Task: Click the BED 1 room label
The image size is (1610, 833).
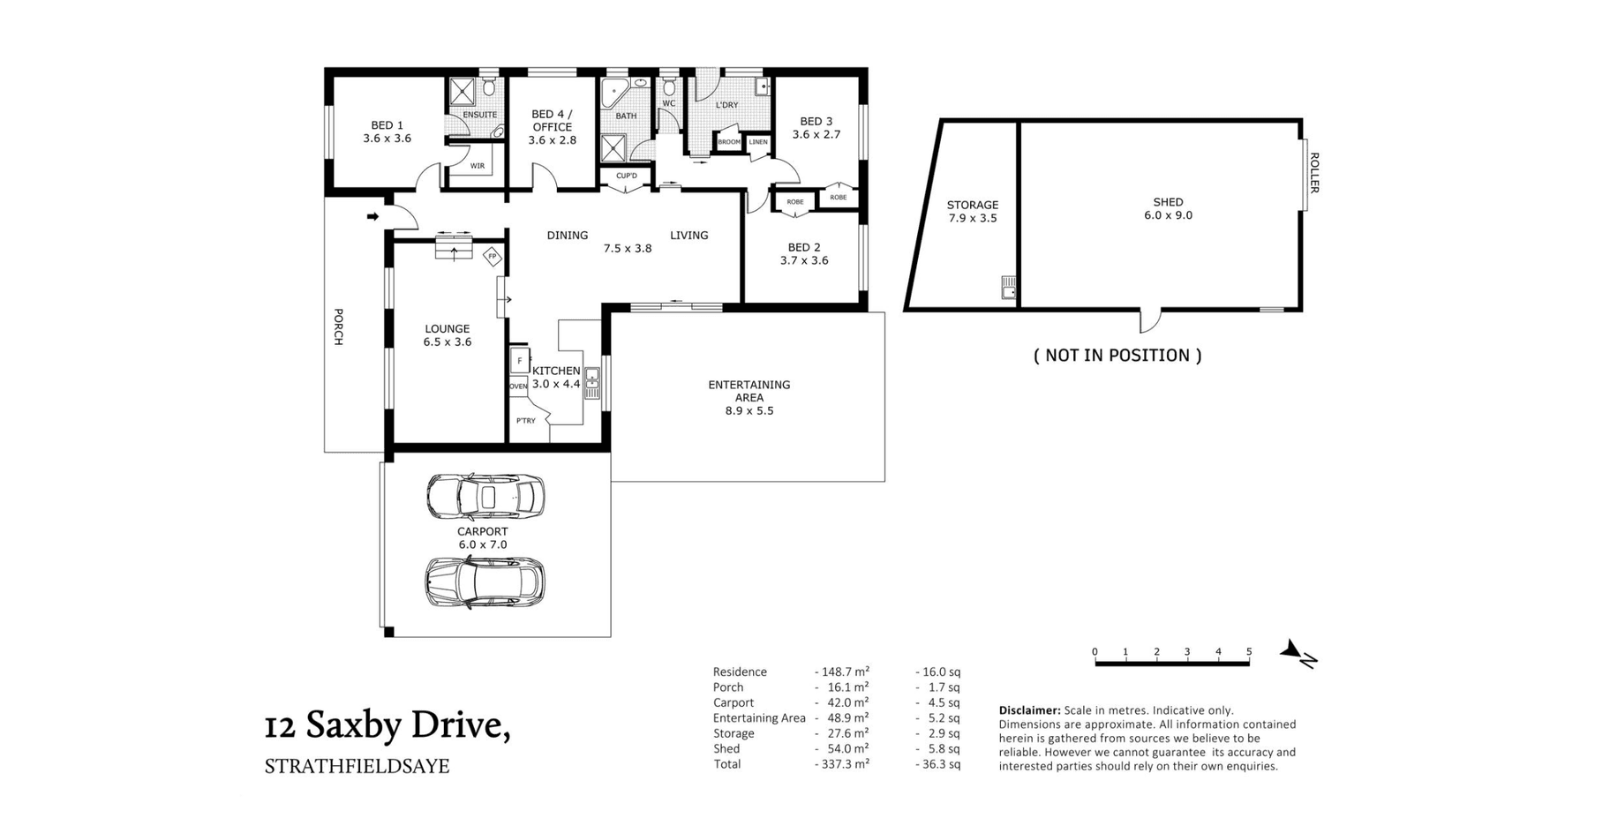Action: pyautogui.click(x=387, y=125)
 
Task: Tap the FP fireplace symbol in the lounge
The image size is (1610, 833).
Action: pyautogui.click(x=493, y=257)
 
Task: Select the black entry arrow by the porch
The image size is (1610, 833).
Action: pyautogui.click(x=373, y=216)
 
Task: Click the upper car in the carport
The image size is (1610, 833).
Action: pyautogui.click(x=485, y=496)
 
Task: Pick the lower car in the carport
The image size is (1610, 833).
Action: pyautogui.click(x=485, y=582)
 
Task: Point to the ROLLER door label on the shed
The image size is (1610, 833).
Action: pyautogui.click(x=1313, y=173)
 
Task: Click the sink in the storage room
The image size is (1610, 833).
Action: pyautogui.click(x=1009, y=288)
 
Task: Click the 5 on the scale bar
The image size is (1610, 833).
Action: pyautogui.click(x=1249, y=652)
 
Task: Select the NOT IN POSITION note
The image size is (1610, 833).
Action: pyautogui.click(x=1117, y=355)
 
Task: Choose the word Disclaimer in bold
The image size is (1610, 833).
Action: pyautogui.click(x=1029, y=710)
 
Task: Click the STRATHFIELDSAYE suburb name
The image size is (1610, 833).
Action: pyautogui.click(x=357, y=766)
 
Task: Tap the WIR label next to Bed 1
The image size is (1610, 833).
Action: pyautogui.click(x=477, y=166)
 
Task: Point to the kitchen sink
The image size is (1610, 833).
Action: pyautogui.click(x=592, y=383)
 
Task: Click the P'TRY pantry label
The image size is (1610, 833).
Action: pyautogui.click(x=526, y=421)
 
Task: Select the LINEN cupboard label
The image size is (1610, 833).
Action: pyautogui.click(x=758, y=141)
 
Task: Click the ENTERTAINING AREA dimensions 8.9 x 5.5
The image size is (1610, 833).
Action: pyautogui.click(x=749, y=410)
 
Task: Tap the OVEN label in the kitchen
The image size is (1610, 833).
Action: pyautogui.click(x=518, y=386)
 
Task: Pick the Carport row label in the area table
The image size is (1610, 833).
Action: pyautogui.click(x=734, y=702)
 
